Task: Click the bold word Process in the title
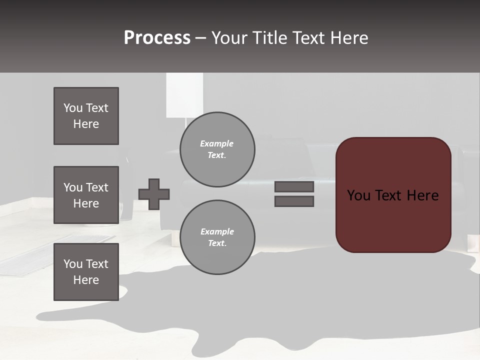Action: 157,37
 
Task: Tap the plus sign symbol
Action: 154,194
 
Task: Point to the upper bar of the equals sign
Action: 294,186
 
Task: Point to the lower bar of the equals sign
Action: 294,201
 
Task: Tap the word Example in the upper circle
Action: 216,143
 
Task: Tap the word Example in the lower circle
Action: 217,231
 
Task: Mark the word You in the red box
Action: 358,195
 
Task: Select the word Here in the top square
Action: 86,124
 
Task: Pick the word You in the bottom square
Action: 73,264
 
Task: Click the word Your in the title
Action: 229,37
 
